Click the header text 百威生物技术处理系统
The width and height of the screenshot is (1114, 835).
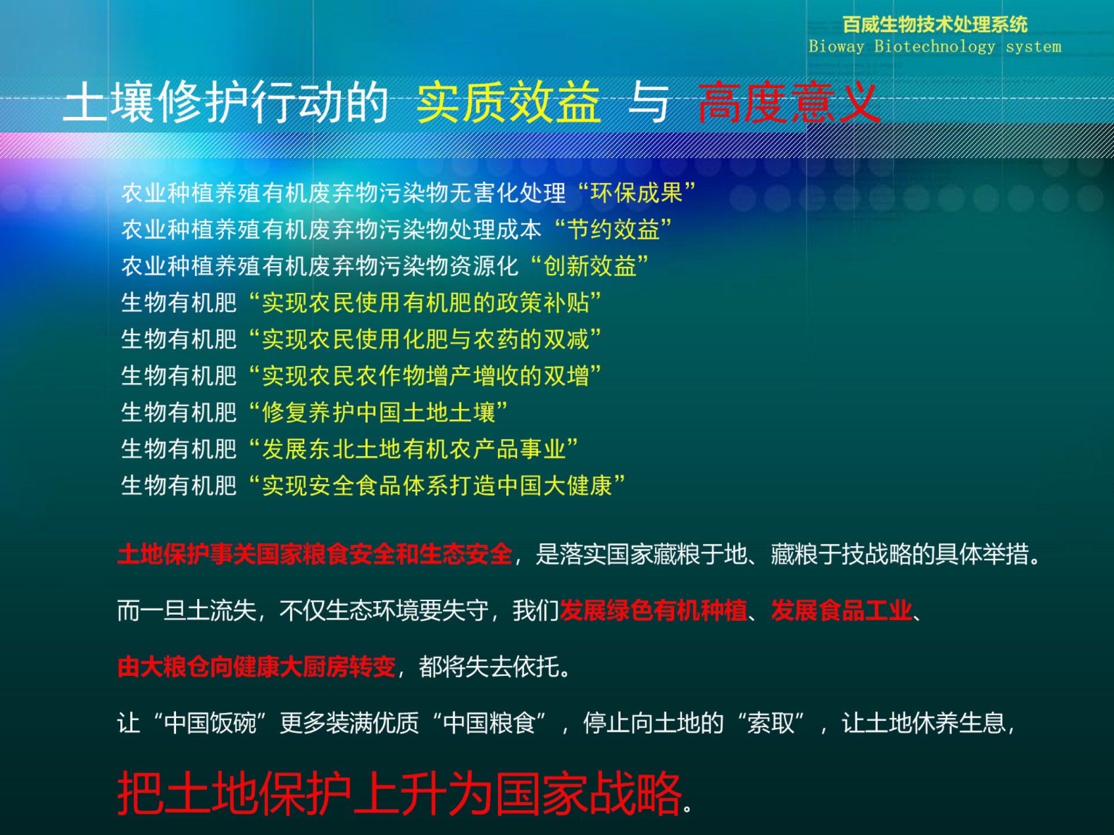click(935, 24)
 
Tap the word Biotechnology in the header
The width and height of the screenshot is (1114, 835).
click(934, 47)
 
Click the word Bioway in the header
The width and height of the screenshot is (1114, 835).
click(836, 46)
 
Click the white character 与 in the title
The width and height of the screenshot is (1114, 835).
click(648, 103)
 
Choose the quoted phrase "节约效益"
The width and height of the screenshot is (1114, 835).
click(613, 229)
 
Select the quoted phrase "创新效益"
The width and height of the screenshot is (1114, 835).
click(589, 266)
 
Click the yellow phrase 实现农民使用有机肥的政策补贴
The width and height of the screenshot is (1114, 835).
click(426, 303)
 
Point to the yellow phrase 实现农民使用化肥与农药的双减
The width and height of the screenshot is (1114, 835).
click(426, 339)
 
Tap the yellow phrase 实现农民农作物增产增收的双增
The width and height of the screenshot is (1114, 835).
click(426, 376)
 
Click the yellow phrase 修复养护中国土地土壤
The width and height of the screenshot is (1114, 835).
click(379, 412)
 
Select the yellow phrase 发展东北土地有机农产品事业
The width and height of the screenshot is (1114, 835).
click(414, 449)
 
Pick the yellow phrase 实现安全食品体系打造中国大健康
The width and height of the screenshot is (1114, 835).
click(437, 485)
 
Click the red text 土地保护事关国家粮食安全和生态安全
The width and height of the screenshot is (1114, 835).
click(315, 554)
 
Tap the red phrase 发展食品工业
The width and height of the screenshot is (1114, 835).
click(842, 611)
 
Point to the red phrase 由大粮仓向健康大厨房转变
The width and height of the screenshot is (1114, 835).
click(257, 666)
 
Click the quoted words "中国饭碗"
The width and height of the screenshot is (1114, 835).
click(210, 723)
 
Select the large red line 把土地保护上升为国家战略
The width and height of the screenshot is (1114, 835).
click(399, 793)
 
